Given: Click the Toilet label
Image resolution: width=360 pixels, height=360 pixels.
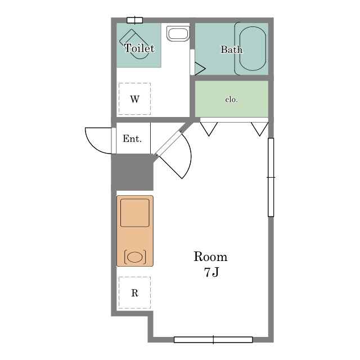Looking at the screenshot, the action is tap(139, 48).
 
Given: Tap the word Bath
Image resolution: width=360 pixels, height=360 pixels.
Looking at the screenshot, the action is tap(231, 49).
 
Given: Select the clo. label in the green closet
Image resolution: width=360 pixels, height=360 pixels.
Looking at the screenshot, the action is tap(231, 100).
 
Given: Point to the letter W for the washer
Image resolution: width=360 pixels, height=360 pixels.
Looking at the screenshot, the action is tap(135, 99).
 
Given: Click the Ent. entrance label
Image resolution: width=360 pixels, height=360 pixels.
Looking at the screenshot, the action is tap(132, 138).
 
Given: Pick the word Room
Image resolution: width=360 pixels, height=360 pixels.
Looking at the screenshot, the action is tap(210, 256).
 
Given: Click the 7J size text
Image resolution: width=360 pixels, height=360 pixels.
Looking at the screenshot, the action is tap(211, 272).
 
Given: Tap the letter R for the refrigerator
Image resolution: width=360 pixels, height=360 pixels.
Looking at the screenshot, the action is tap(135, 293).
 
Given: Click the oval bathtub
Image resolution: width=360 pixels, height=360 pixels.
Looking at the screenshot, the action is tap(253, 49).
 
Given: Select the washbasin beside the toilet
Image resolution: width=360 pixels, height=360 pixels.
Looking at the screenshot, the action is tap(178, 34).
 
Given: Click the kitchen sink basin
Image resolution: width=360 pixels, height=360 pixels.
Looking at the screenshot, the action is tap(135, 213).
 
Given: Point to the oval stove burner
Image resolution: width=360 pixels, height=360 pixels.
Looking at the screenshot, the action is tap(135, 257).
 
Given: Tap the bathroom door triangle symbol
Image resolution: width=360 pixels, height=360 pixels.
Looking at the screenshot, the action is tap(200, 69).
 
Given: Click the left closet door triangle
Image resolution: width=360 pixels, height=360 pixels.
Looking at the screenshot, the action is tap(209, 129).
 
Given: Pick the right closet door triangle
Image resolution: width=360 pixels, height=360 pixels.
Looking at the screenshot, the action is tap(260, 129).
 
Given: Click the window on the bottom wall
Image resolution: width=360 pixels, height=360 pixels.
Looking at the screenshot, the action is tap(213, 340).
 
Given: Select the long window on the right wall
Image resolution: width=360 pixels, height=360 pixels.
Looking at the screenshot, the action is tap(271, 177).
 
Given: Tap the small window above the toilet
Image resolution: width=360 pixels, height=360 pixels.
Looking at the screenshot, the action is tap(135, 20).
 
